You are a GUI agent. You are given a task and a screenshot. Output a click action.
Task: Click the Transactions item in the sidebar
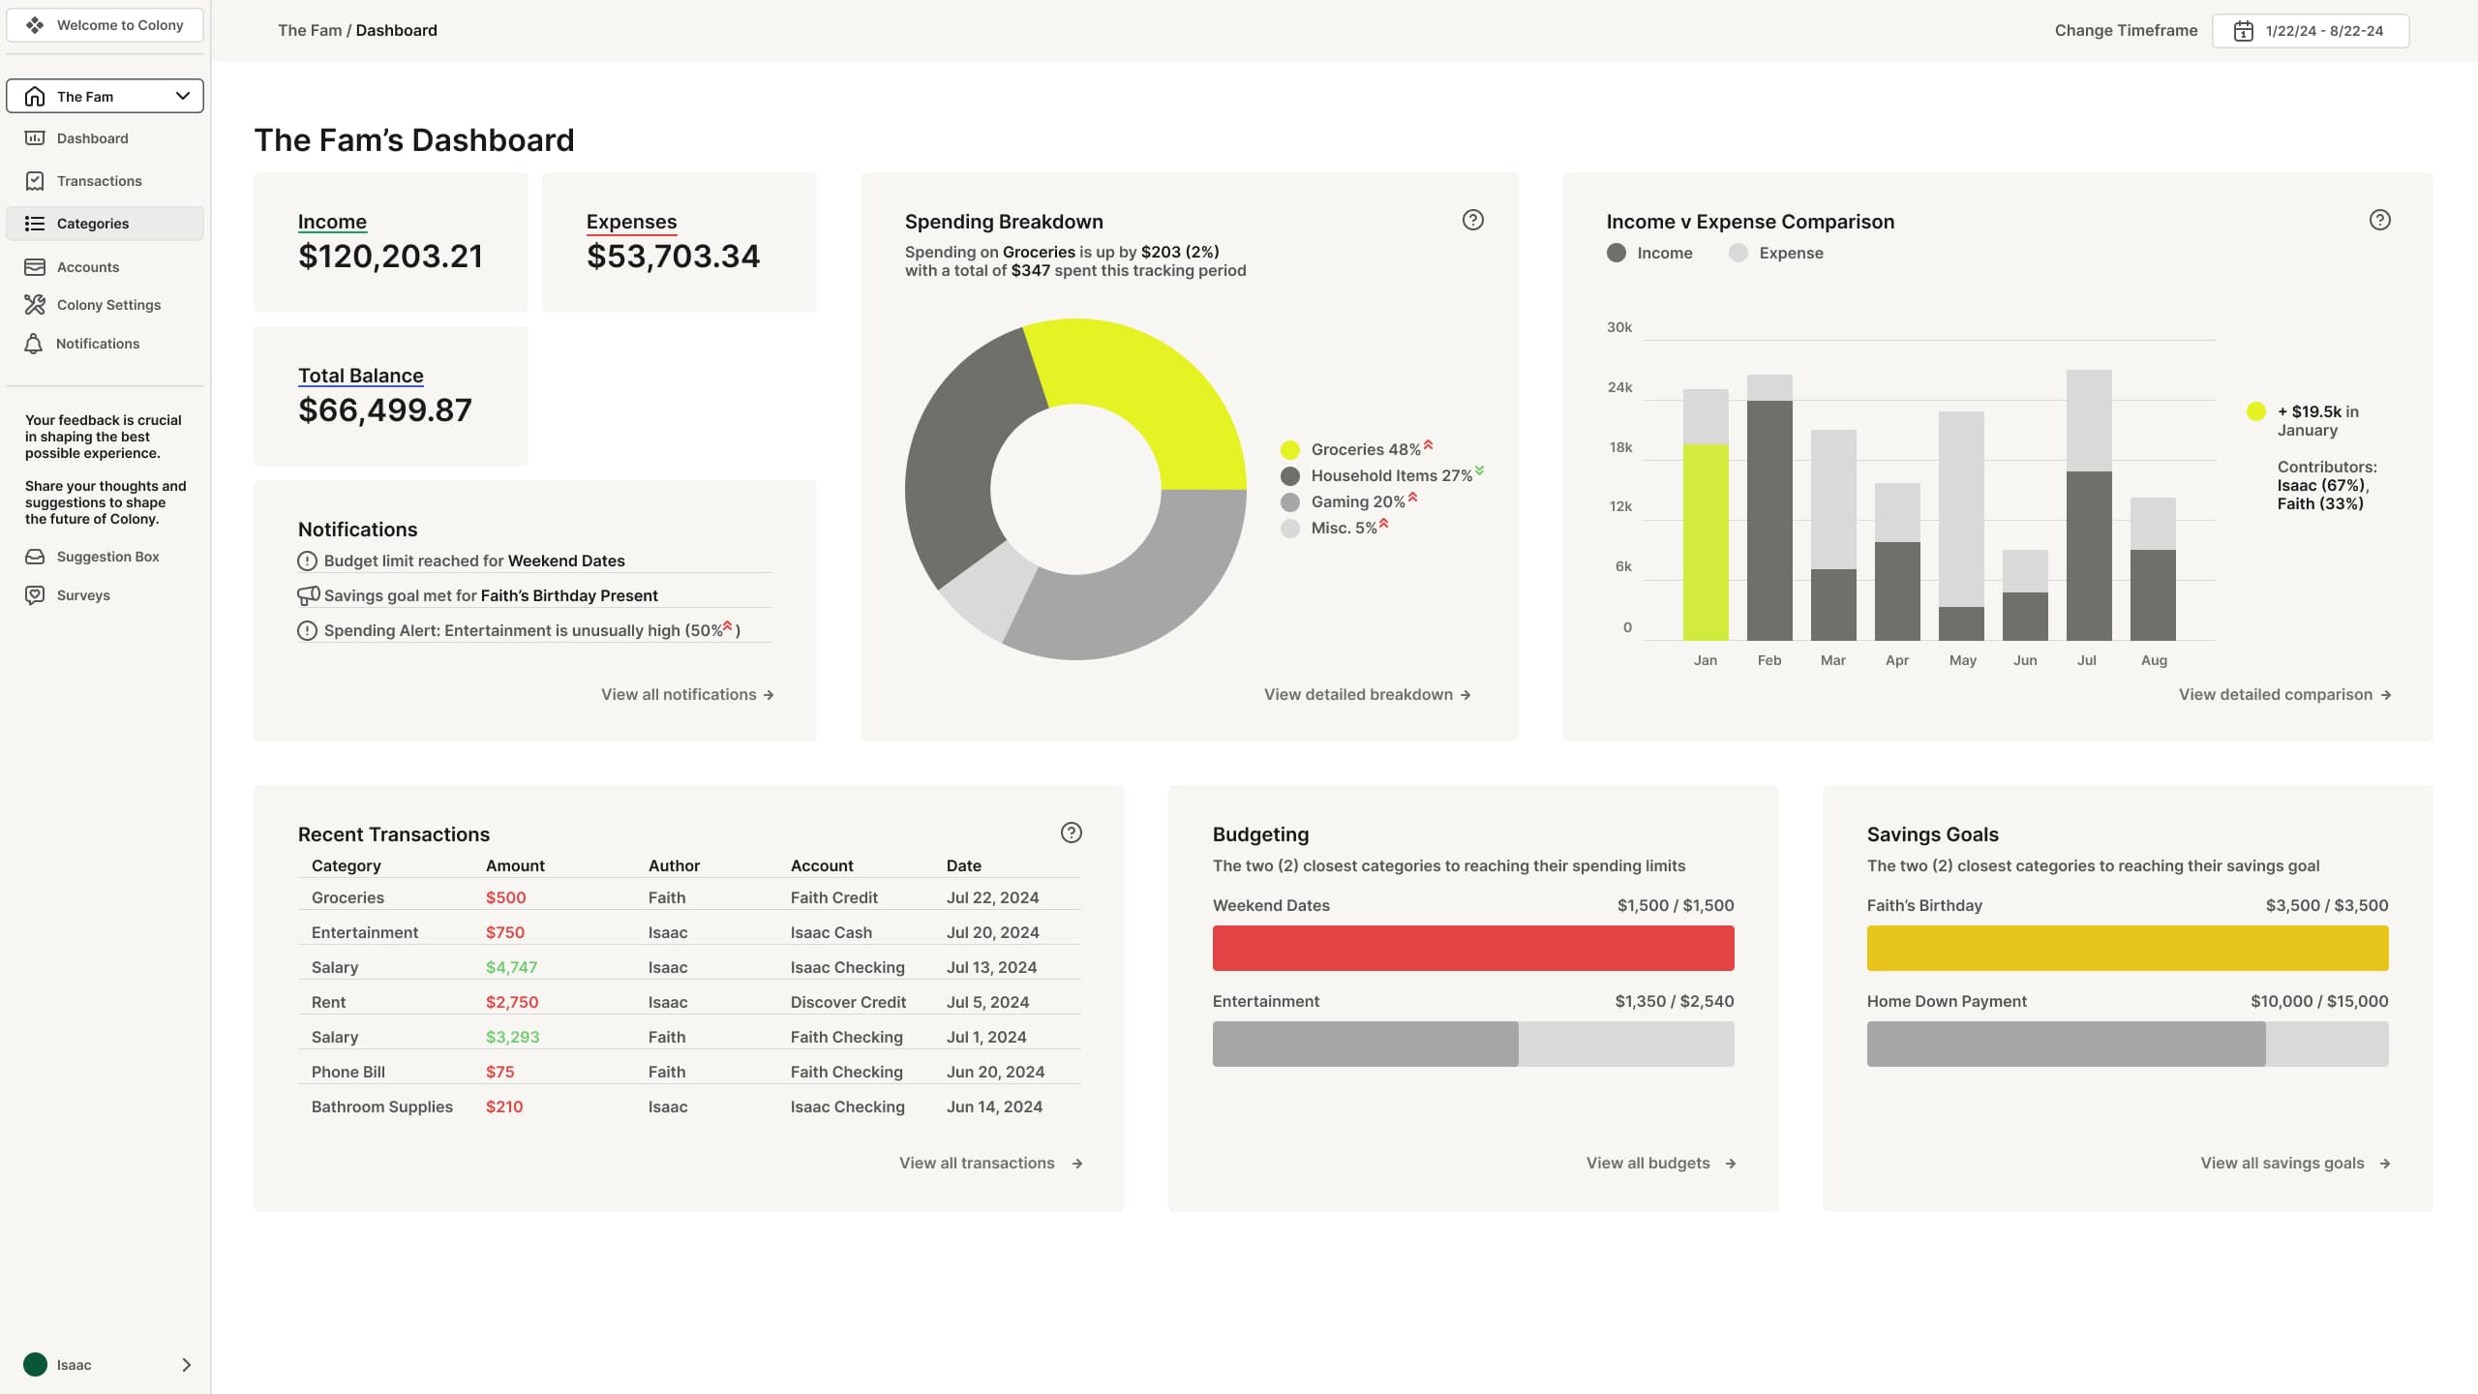(x=99, y=181)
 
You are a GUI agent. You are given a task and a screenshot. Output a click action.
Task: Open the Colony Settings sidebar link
(x=108, y=305)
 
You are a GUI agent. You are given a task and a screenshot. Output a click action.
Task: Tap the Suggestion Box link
(x=107, y=557)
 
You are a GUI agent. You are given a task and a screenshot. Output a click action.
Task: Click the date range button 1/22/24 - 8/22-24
(x=2311, y=31)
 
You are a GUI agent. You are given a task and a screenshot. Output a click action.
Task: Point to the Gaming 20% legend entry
(x=1357, y=501)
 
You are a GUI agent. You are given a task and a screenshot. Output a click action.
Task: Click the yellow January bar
(x=1706, y=542)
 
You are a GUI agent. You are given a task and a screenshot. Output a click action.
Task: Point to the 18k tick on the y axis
(x=1620, y=447)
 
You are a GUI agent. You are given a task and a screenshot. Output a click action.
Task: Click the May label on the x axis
(x=1962, y=660)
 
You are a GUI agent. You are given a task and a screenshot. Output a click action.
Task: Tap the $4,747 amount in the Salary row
(x=511, y=967)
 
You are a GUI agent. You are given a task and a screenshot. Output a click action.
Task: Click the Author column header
(x=674, y=865)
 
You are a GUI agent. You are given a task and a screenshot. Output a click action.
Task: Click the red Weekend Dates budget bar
(x=1472, y=949)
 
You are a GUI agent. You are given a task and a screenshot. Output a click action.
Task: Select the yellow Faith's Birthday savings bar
(x=2127, y=949)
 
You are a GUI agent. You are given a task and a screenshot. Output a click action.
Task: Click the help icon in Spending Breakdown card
(x=1472, y=220)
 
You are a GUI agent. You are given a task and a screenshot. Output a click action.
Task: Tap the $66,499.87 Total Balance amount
(x=385, y=410)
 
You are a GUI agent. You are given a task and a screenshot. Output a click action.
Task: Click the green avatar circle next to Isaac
(x=36, y=1365)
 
